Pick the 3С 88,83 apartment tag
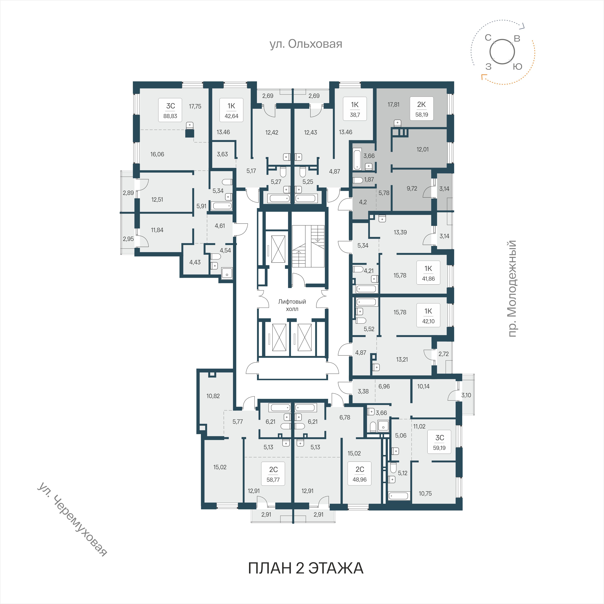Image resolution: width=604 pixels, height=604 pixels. tap(170, 110)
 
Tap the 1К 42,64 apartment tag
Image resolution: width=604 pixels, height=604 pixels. tap(231, 110)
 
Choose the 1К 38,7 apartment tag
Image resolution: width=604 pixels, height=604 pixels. tap(355, 109)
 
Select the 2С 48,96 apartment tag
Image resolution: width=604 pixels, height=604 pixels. tap(360, 474)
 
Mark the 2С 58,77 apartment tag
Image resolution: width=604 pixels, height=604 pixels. tap(273, 474)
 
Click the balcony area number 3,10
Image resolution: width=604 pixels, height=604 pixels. tap(466, 395)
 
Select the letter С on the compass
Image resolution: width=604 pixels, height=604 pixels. tap(488, 38)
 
